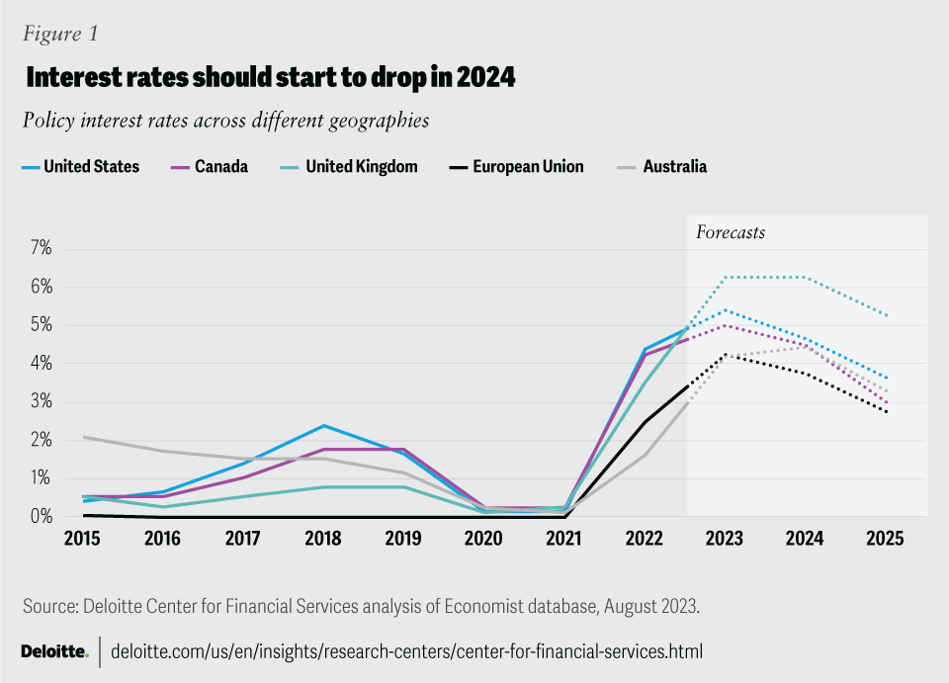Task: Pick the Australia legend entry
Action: pyautogui.click(x=661, y=166)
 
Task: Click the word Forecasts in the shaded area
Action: pyautogui.click(x=731, y=233)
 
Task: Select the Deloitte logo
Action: pyautogui.click(x=54, y=651)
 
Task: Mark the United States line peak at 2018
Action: pyautogui.click(x=322, y=426)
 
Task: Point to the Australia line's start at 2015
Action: pyautogui.click(x=83, y=437)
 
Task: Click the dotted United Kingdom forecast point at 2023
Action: pyautogui.click(x=726, y=278)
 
